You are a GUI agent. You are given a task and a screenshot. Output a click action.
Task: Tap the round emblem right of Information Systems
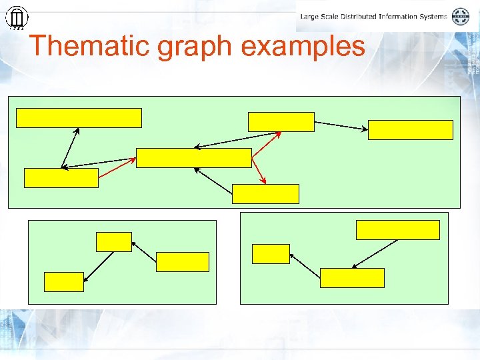[461, 16]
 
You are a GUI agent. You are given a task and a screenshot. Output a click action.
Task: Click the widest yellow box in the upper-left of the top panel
[79, 117]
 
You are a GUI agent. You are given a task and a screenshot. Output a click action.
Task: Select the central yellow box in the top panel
[193, 158]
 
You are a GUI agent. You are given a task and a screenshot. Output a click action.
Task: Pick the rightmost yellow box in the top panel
[410, 130]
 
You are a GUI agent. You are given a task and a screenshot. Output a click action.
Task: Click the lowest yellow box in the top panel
[265, 194]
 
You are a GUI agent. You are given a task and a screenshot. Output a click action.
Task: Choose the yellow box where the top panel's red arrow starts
[61, 178]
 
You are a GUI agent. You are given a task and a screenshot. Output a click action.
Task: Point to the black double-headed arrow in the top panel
[70, 148]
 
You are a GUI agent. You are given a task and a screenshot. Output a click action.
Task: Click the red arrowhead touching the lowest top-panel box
[264, 180]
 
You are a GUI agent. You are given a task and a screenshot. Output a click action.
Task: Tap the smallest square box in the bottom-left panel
[113, 242]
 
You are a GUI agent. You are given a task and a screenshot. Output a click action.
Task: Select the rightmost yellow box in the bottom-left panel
[182, 262]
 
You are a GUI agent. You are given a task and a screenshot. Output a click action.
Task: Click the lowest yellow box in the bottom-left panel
[64, 282]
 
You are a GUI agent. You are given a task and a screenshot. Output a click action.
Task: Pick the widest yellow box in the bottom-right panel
[397, 229]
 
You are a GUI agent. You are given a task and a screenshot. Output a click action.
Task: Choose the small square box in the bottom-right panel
[271, 254]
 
